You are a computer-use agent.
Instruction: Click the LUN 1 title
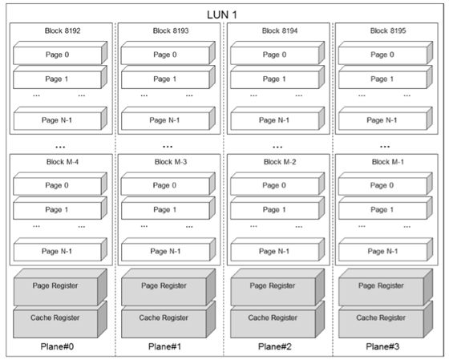(222, 15)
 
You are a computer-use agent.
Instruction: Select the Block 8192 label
(63, 30)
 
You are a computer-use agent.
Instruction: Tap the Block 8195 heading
(388, 30)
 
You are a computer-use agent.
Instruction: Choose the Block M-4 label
(63, 162)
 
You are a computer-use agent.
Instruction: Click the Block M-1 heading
(388, 162)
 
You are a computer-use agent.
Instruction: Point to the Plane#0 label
(57, 347)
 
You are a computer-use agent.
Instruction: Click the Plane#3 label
(382, 347)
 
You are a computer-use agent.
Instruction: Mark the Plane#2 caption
(275, 347)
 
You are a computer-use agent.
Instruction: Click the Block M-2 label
(280, 162)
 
